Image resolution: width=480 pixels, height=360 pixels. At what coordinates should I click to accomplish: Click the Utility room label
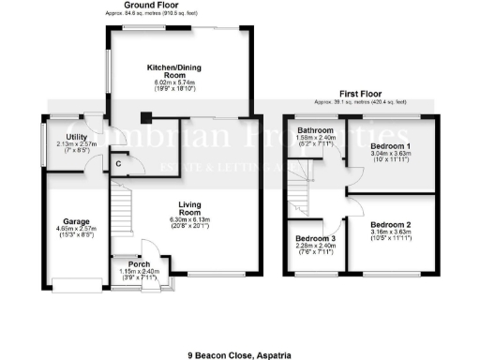click(64, 137)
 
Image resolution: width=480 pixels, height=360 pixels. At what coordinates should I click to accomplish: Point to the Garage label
click(64, 222)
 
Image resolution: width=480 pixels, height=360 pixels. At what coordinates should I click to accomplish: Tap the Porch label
click(139, 264)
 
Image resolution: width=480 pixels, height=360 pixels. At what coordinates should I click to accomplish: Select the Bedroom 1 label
click(389, 148)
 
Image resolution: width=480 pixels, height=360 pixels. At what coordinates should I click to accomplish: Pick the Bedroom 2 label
click(390, 225)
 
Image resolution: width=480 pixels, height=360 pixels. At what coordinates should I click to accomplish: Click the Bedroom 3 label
click(313, 239)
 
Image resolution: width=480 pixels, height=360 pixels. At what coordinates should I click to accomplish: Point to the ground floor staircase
click(125, 216)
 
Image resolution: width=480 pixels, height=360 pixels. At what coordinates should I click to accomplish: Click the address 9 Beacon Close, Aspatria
click(239, 329)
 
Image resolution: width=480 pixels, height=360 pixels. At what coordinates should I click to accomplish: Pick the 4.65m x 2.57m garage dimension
click(64, 230)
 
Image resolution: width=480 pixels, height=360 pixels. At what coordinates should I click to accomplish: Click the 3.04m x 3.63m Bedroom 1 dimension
click(389, 157)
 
